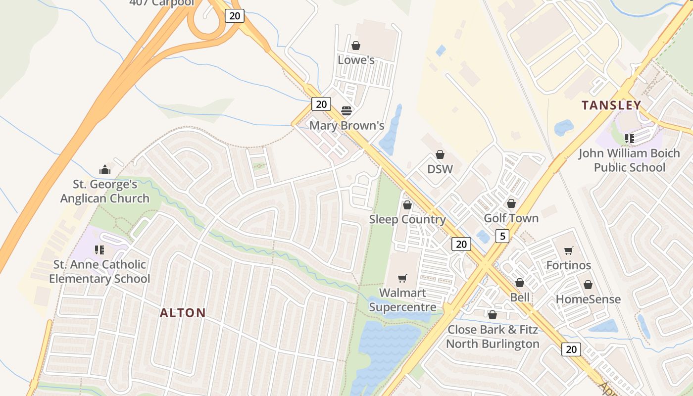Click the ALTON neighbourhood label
tap(183, 312)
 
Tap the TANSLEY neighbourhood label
tap(611, 105)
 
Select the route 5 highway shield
tap(502, 236)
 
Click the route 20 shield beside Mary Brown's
tap(321, 104)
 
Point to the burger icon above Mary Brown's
tap(346, 110)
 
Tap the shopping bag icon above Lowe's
tap(355, 46)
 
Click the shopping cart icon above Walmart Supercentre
tap(402, 278)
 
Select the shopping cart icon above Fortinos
tap(568, 250)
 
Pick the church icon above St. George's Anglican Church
tap(104, 170)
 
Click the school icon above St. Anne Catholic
tap(99, 250)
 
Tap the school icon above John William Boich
tap(629, 139)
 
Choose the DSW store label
tap(440, 169)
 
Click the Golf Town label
tap(511, 218)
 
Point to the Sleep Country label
tap(407, 219)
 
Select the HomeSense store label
tap(588, 299)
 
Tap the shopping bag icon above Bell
tap(519, 283)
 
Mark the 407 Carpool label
tap(162, 3)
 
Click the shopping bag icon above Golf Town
tap(511, 203)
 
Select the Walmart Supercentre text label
tap(403, 300)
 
